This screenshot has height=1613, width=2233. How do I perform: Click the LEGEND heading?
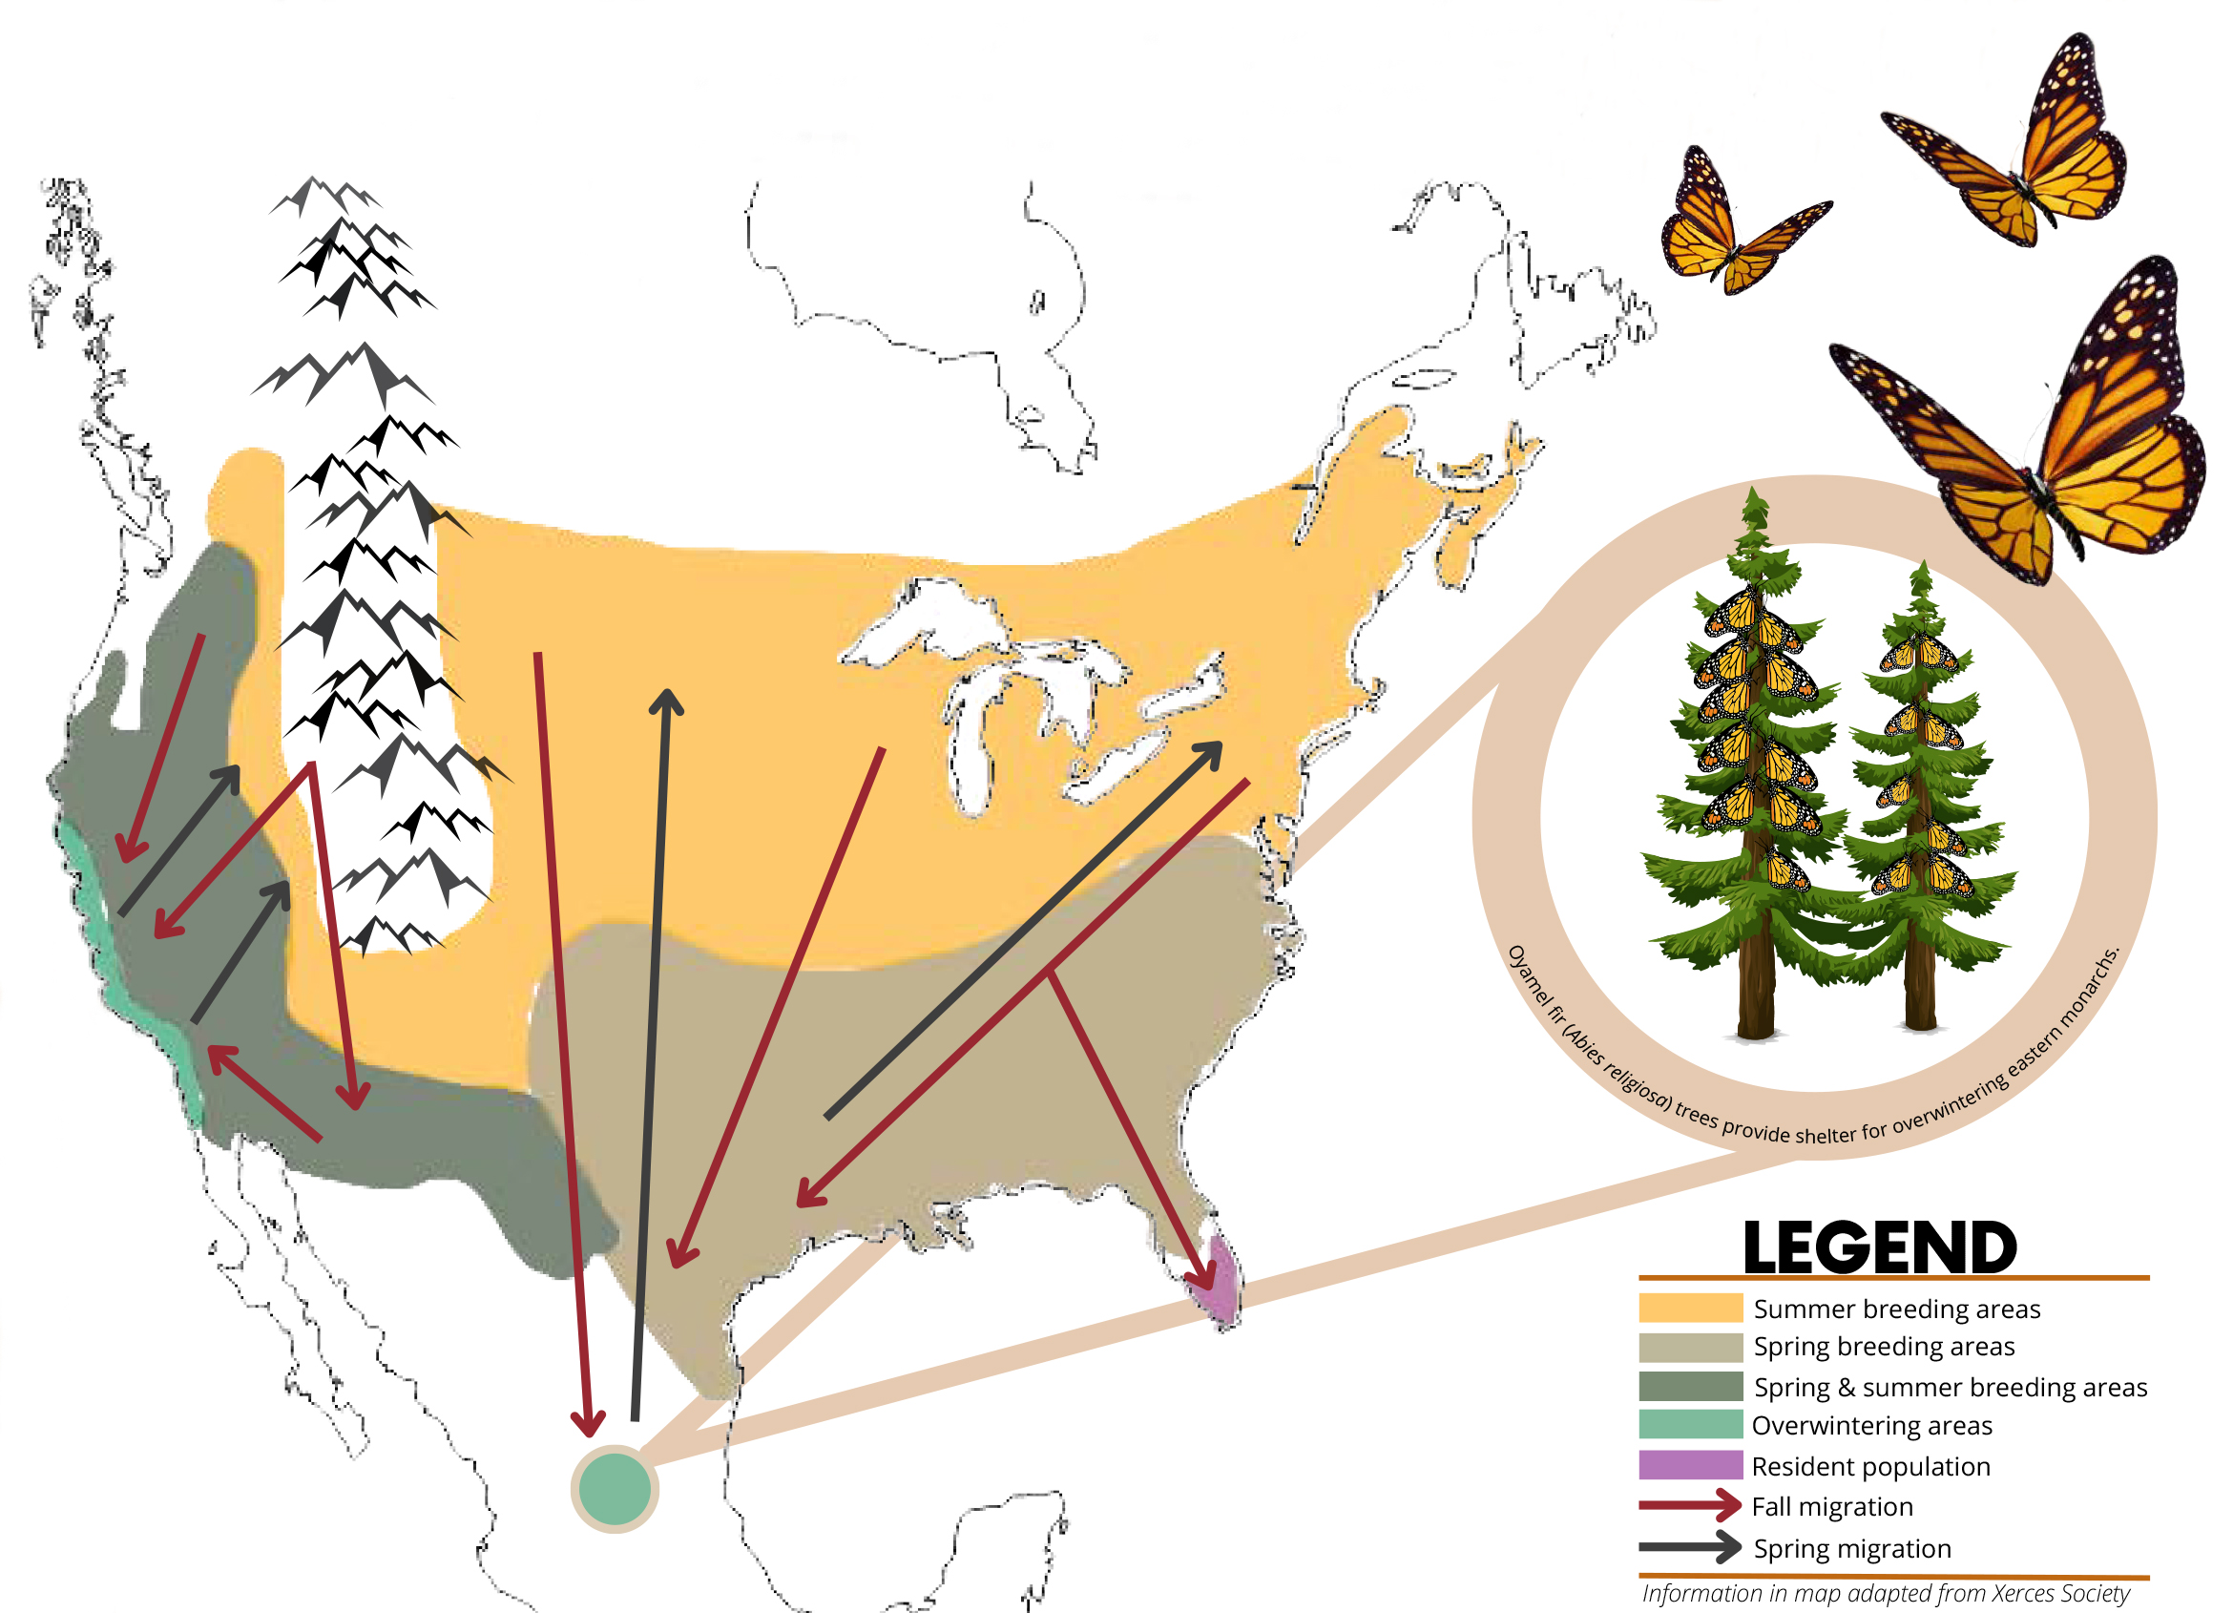click(x=1880, y=1247)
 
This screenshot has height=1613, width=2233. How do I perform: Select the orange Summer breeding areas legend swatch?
click(x=1689, y=1308)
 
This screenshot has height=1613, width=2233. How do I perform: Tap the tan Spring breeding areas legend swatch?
click(x=1689, y=1346)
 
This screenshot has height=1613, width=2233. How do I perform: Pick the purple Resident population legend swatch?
click(x=1689, y=1464)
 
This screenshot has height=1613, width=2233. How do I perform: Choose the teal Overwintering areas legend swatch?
click(x=1689, y=1424)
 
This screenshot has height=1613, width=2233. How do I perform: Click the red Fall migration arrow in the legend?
click(x=1689, y=1505)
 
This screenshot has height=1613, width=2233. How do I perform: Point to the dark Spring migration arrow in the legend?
click(x=1689, y=1547)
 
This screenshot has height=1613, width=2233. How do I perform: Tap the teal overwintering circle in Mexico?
click(x=615, y=1488)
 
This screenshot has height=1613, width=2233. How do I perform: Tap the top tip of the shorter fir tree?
click(x=1921, y=564)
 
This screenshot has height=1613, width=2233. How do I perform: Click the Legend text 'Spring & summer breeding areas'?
click(x=1950, y=1387)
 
